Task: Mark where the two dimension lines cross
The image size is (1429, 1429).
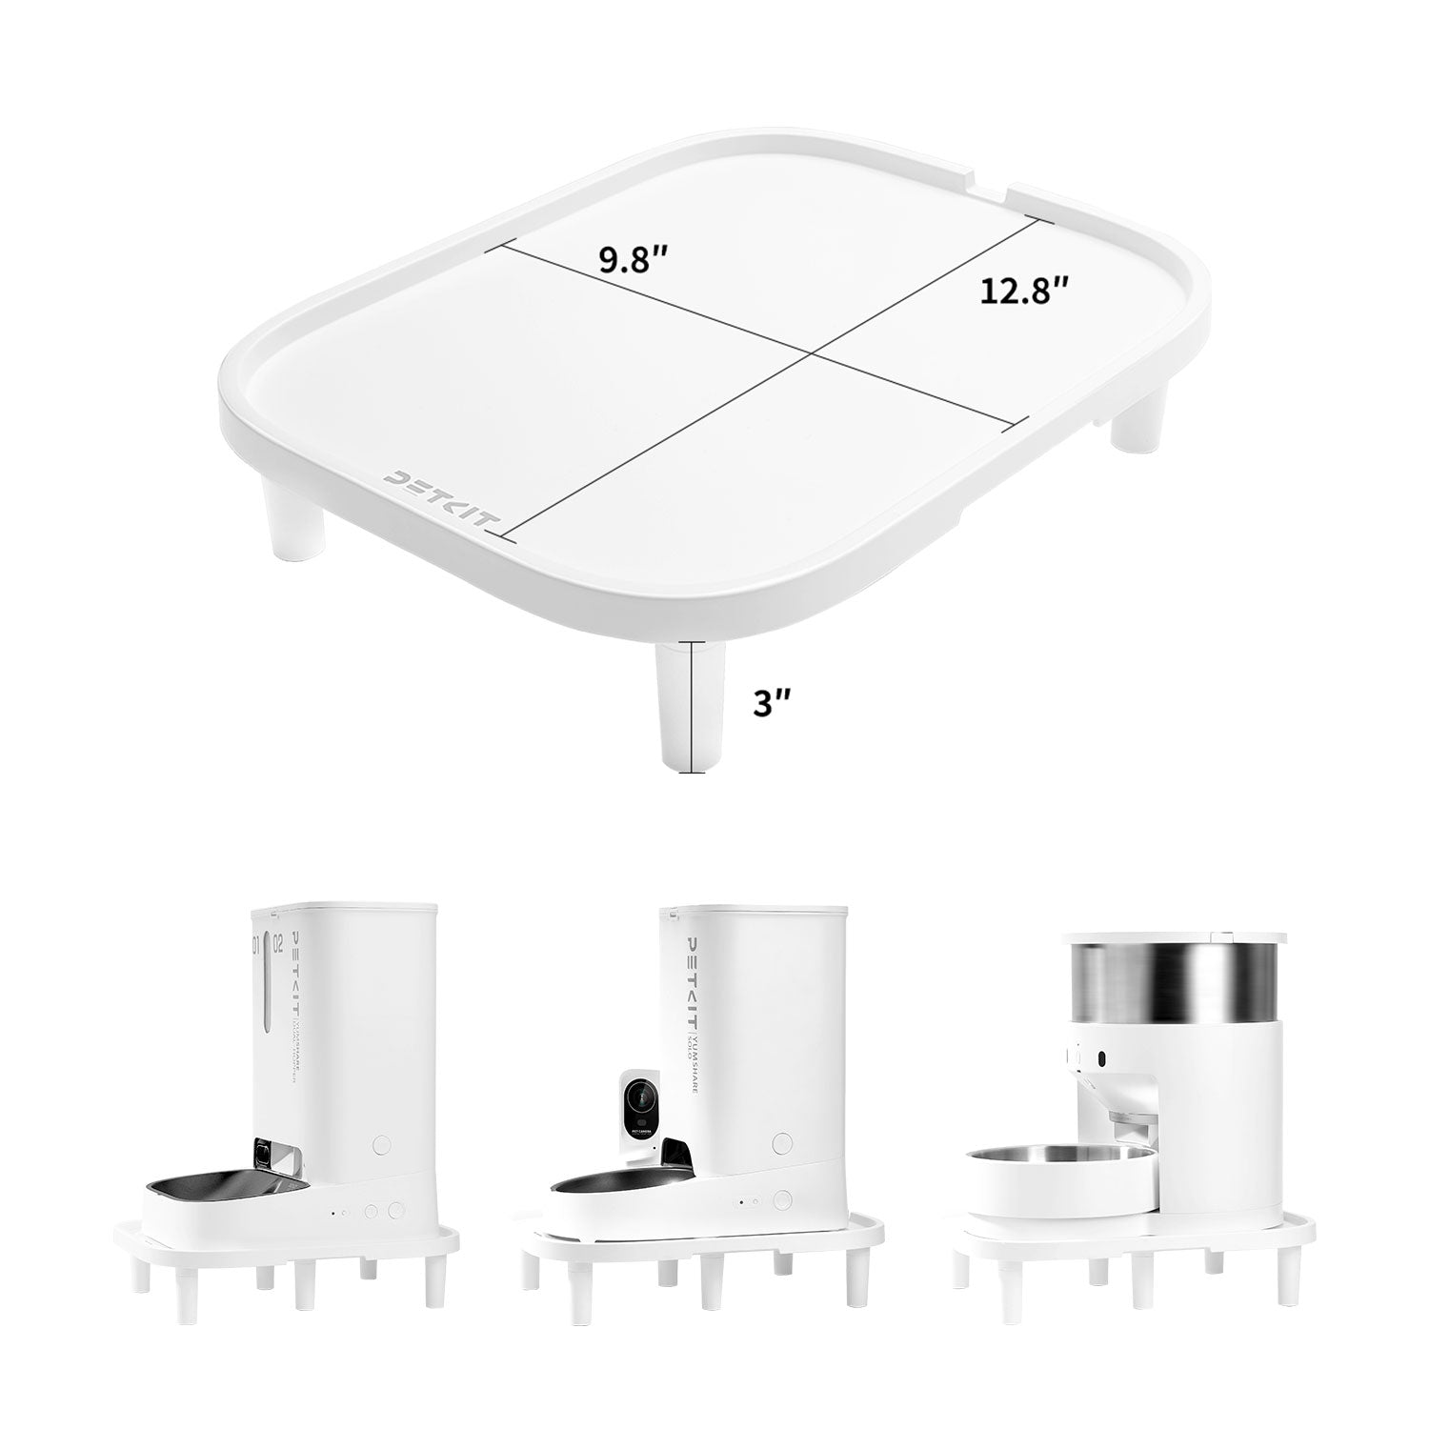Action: pyautogui.click(x=811, y=354)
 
